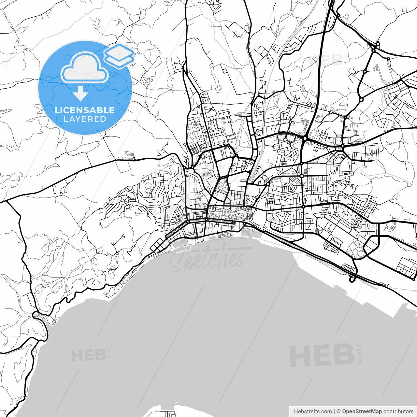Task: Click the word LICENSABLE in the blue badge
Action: (x=85, y=110)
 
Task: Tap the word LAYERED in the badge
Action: (x=85, y=119)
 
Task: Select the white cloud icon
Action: (x=85, y=68)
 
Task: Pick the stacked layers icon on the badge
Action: (x=119, y=55)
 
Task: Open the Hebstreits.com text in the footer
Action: (x=313, y=411)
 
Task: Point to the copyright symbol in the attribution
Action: (x=338, y=411)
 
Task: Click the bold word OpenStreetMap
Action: (x=362, y=411)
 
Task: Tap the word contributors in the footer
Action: (x=398, y=411)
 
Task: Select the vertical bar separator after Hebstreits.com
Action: (x=334, y=411)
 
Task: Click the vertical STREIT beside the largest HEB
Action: (x=359, y=352)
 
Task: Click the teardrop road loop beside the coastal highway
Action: (x=352, y=279)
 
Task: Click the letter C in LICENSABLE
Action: (x=65, y=110)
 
